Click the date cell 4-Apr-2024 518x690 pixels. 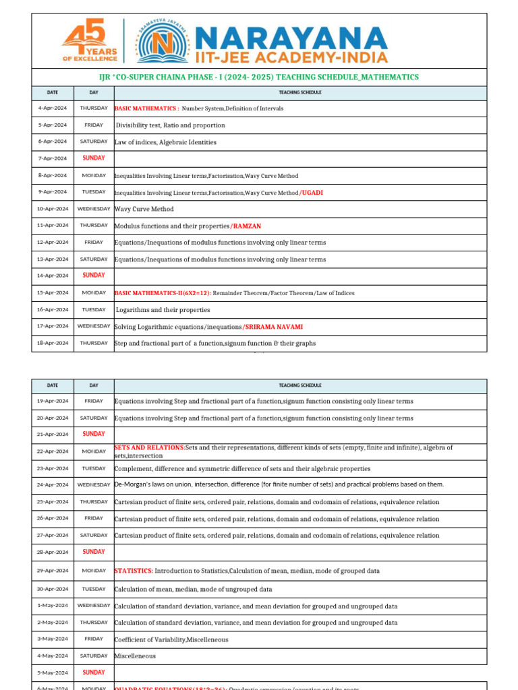point(52,108)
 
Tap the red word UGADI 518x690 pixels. point(312,193)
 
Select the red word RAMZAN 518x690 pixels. point(248,226)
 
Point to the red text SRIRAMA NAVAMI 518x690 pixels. point(273,327)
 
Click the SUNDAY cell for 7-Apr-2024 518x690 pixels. point(94,158)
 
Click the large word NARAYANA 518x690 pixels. point(292,36)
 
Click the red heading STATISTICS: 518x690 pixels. point(134,571)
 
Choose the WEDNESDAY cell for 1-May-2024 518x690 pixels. point(94,605)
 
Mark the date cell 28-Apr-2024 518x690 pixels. point(52,552)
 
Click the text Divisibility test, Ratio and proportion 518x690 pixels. point(170,125)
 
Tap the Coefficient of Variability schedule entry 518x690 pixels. point(171,639)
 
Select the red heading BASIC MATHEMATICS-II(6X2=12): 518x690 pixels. point(163,293)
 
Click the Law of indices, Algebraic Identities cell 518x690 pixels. point(165,142)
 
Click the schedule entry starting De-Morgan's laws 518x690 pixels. point(279,484)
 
